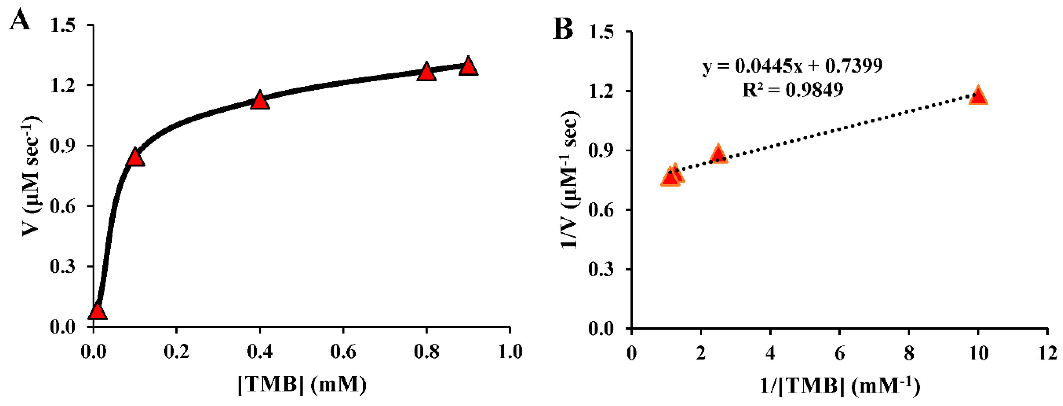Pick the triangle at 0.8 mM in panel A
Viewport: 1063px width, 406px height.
(x=426, y=73)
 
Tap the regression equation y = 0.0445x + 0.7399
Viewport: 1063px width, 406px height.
(x=792, y=66)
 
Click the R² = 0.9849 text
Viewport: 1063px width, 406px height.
(x=792, y=90)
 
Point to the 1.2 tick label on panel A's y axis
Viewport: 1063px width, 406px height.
(x=63, y=86)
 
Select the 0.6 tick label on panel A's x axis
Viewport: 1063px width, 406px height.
(x=343, y=352)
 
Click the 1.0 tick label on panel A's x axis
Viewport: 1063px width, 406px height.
(x=510, y=352)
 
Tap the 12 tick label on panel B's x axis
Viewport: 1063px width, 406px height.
(x=1047, y=354)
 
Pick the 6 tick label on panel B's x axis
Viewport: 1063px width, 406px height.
(x=839, y=354)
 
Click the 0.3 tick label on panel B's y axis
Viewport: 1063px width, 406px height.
(x=601, y=269)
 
